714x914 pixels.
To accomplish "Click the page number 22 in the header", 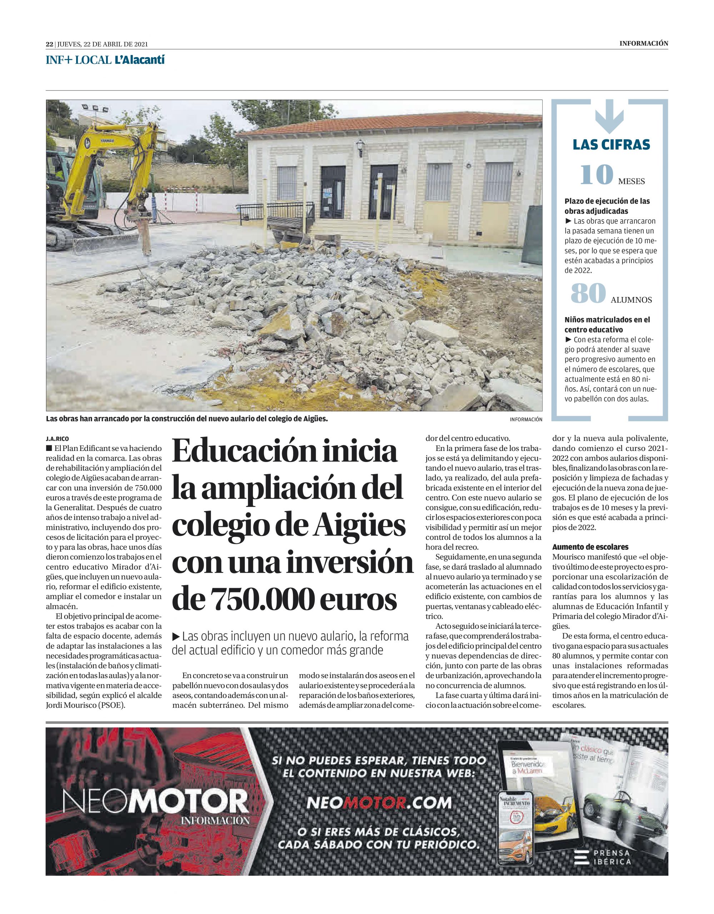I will click(x=49, y=44).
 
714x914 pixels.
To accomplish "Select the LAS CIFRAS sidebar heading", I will click(x=611, y=145).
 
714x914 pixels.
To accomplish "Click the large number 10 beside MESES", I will click(x=596, y=175).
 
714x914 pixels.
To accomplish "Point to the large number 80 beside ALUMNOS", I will click(x=588, y=293).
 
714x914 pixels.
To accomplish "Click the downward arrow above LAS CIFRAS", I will click(x=610, y=119).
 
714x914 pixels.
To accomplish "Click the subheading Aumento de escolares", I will click(x=585, y=547).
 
